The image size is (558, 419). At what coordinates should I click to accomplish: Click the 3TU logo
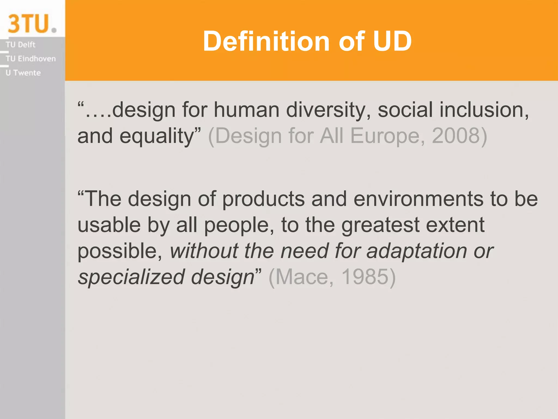click(32, 24)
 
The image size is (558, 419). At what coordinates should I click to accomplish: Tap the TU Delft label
click(20, 45)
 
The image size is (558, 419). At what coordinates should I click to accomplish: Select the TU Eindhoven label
click(31, 59)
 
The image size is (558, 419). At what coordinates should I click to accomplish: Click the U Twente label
click(23, 73)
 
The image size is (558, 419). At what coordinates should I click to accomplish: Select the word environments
click(418, 199)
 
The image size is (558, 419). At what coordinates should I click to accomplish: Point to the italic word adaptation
click(417, 251)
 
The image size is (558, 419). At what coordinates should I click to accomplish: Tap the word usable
click(109, 225)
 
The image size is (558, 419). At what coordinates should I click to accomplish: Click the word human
click(247, 110)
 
